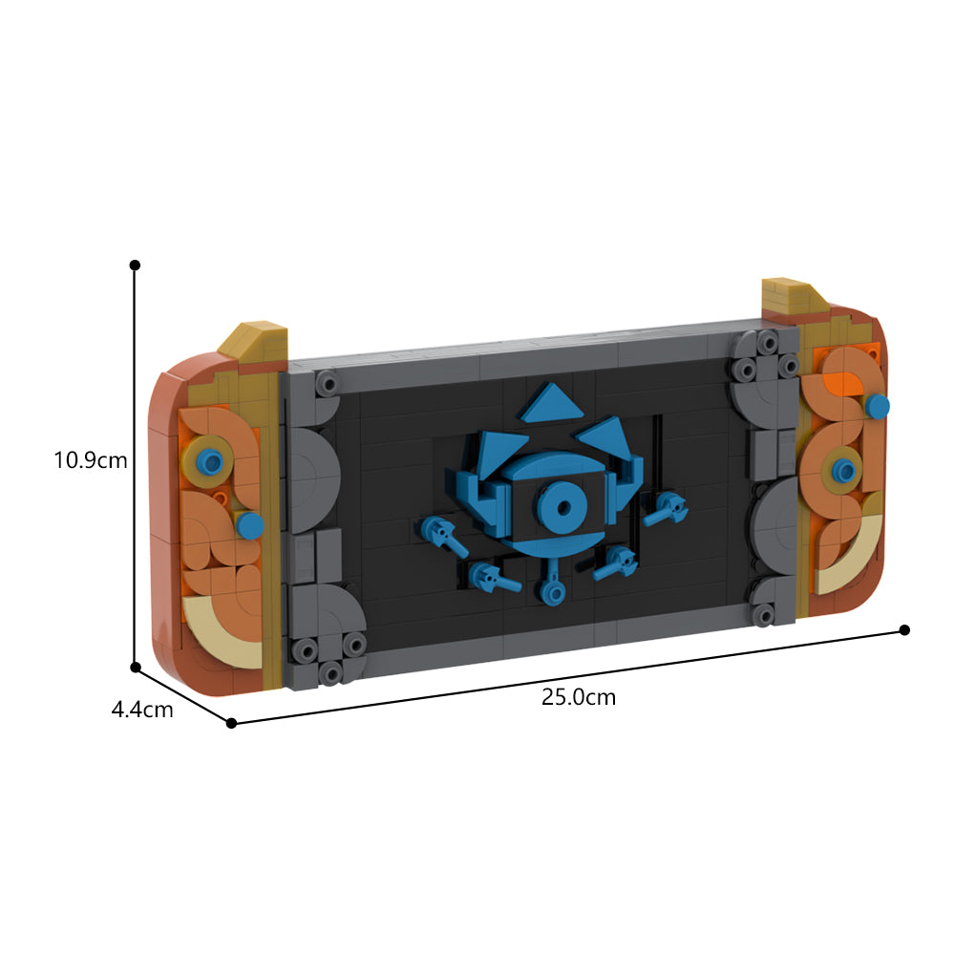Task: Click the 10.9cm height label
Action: tap(91, 460)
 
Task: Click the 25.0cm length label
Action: tap(579, 697)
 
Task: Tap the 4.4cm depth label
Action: tap(142, 710)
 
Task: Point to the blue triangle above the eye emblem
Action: tap(551, 402)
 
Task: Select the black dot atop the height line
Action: tap(136, 265)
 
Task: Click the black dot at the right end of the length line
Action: tap(904, 629)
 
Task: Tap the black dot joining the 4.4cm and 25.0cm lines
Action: tap(231, 723)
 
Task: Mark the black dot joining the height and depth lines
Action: tap(136, 668)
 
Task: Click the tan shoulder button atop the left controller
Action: tap(255, 344)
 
